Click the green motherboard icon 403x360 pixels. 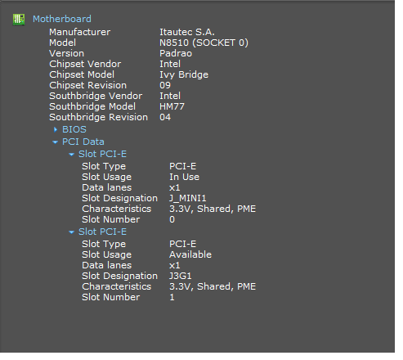click(19, 20)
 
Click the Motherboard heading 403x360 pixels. click(62, 19)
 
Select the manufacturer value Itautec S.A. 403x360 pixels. click(187, 32)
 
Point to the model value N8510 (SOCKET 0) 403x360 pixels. click(204, 43)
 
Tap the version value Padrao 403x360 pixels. click(176, 53)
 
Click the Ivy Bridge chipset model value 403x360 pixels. click(184, 75)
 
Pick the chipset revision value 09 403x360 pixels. click(165, 85)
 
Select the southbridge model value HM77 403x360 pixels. click(172, 106)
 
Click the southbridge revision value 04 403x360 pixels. click(165, 117)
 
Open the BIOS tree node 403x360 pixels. click(74, 129)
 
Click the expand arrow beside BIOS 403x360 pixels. click(56, 130)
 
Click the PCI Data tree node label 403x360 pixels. click(83, 142)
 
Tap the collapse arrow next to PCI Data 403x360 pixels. click(55, 142)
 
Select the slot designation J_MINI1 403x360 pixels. click(188, 198)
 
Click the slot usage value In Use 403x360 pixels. click(184, 177)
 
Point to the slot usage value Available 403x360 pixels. click(190, 254)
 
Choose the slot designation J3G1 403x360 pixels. click(181, 276)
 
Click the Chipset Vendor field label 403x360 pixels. click(85, 64)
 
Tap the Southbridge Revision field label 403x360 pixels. click(98, 118)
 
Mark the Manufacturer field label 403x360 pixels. click(79, 32)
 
